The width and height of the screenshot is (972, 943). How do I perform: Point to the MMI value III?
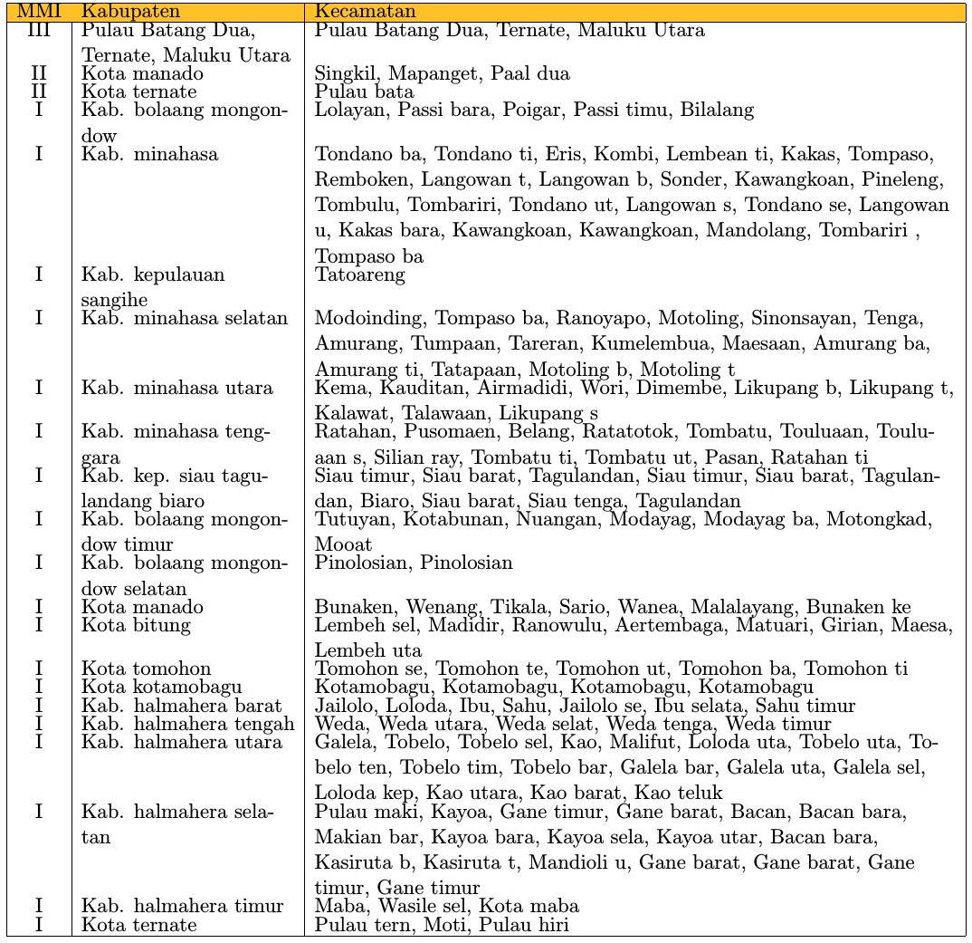coord(38,31)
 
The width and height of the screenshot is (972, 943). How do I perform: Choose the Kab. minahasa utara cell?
coord(177,389)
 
